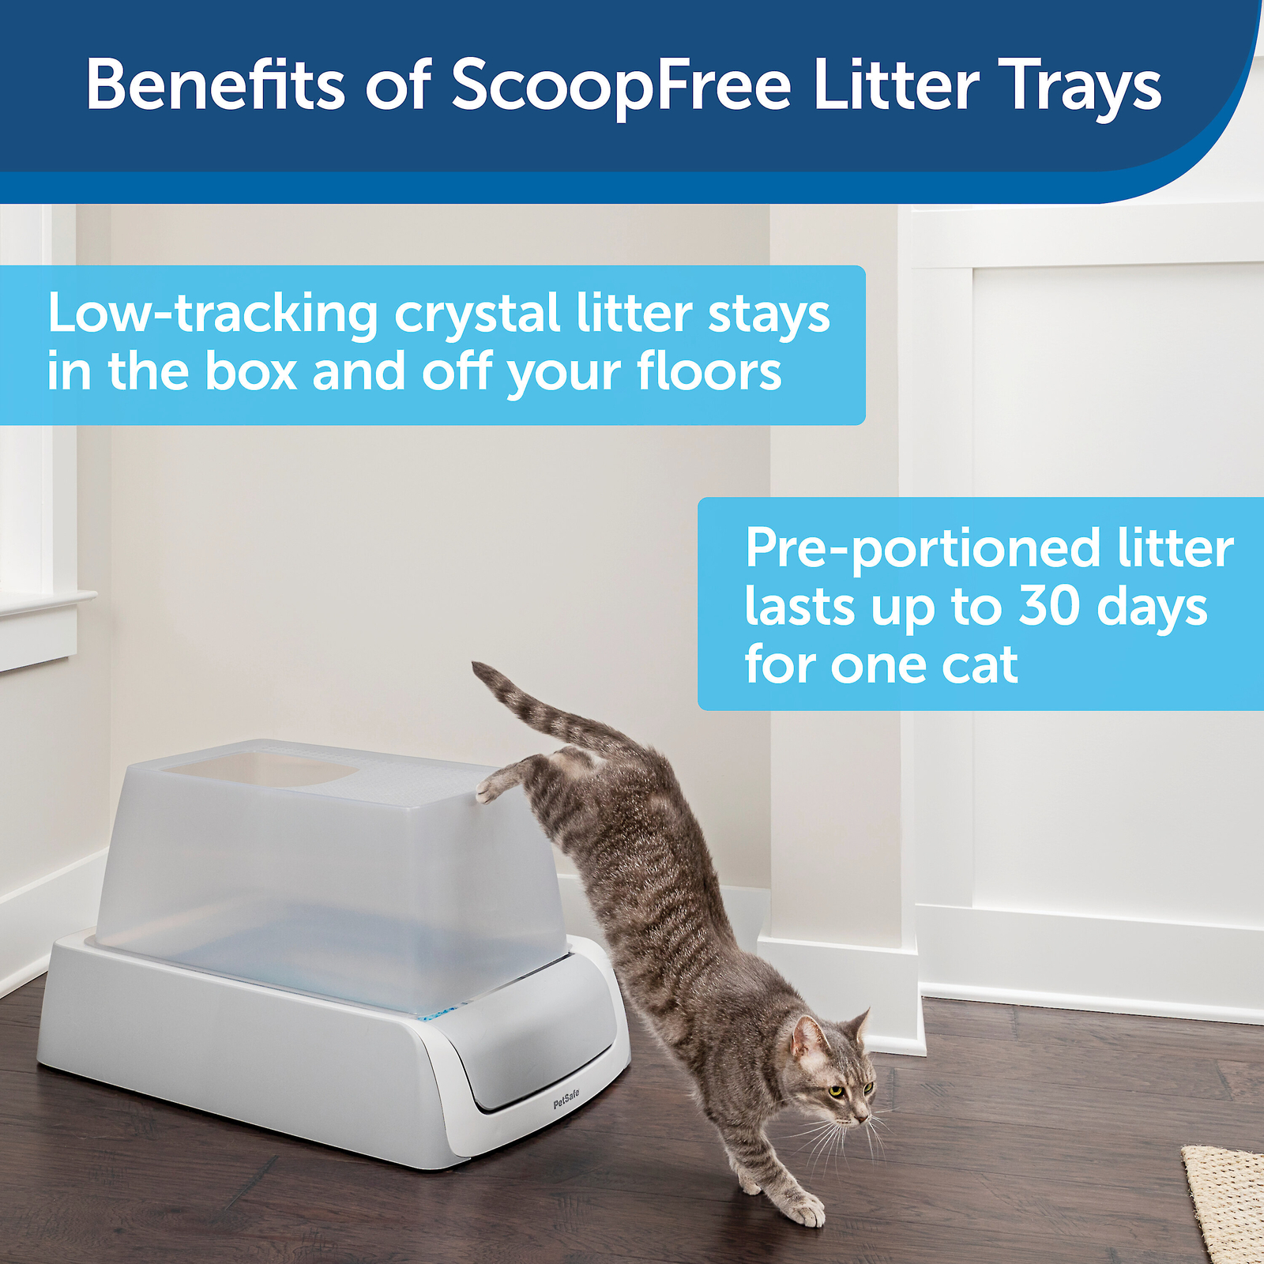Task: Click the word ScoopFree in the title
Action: [x=620, y=85]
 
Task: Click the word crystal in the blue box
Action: [x=477, y=314]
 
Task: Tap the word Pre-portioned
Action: [x=922, y=548]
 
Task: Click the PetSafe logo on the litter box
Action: [x=566, y=1099]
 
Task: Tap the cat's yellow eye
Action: [x=837, y=1091]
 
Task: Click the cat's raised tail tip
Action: [x=479, y=669]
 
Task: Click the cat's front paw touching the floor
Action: [x=807, y=1212]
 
